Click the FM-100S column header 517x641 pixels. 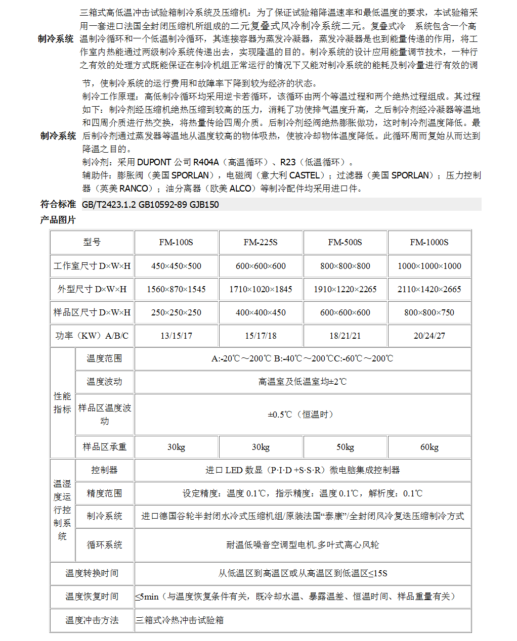176,242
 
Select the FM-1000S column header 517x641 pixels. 429,242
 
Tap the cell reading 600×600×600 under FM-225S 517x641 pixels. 261,266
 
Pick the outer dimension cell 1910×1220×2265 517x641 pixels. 345,289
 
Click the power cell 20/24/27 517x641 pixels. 429,336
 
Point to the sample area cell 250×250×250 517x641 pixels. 176,312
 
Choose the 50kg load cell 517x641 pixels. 345,447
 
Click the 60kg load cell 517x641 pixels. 429,447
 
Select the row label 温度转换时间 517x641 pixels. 92,573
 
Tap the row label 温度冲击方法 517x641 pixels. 92,620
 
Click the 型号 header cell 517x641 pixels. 92,242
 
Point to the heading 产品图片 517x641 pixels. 58,220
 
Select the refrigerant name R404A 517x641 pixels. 206,162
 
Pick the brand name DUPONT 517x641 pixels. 154,162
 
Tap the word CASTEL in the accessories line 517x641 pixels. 305,175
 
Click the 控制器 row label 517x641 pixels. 104,470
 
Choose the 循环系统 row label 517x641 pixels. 104,545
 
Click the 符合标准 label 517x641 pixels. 58,204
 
